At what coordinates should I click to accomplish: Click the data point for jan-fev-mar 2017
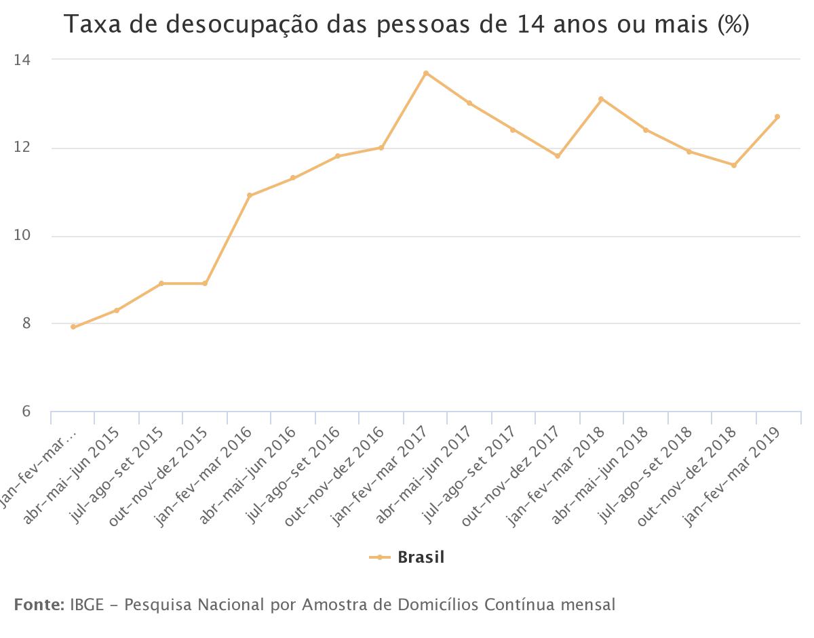(x=425, y=73)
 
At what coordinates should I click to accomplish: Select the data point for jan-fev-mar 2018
(x=601, y=99)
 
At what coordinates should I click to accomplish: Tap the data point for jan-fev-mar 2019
(x=777, y=117)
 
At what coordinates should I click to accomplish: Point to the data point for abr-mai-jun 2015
(x=117, y=311)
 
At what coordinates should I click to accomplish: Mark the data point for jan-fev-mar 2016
(x=249, y=196)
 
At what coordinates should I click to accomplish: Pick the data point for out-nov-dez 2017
(x=558, y=156)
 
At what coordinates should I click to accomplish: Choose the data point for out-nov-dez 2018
(x=733, y=165)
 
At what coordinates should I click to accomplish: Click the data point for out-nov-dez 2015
(x=205, y=283)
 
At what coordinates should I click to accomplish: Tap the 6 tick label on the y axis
(x=26, y=412)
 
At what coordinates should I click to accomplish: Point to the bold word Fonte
(x=39, y=604)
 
